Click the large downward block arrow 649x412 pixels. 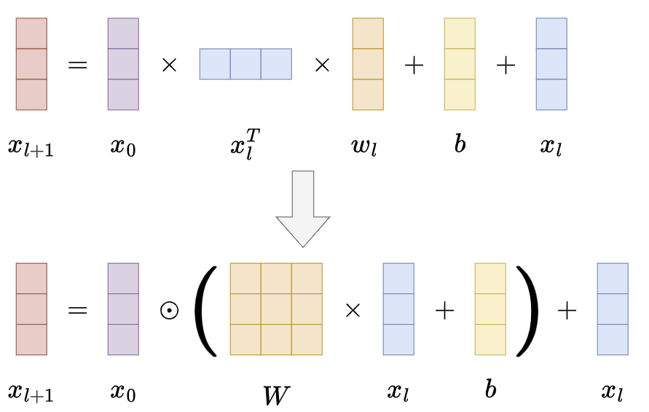[302, 207]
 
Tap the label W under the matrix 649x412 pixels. [276, 394]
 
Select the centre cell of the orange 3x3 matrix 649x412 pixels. [276, 309]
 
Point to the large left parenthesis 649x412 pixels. [206, 311]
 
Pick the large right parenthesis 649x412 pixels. [527, 311]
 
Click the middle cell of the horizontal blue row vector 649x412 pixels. [245, 64]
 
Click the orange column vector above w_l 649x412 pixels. [368, 64]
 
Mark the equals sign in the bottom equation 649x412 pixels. [77, 310]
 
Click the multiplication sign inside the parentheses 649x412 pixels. [353, 310]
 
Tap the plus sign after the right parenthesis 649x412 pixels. [567, 310]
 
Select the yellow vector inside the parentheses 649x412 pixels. [490, 309]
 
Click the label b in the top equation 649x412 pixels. [460, 143]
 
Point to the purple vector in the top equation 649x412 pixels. [123, 64]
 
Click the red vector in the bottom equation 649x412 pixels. [31, 309]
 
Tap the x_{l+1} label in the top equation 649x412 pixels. [31, 147]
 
